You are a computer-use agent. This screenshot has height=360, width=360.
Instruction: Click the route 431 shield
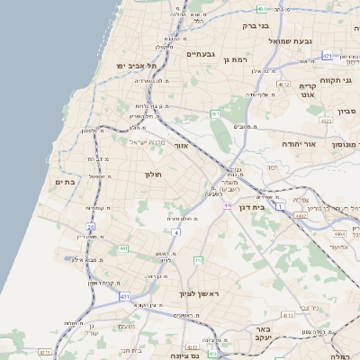coord(124,296)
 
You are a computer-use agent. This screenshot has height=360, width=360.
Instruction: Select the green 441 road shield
coord(122,247)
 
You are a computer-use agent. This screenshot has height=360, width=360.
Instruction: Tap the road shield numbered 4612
coord(284,85)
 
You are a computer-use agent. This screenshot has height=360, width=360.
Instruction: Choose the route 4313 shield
coord(289,315)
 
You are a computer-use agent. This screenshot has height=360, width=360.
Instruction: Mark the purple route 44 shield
coord(228,206)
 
